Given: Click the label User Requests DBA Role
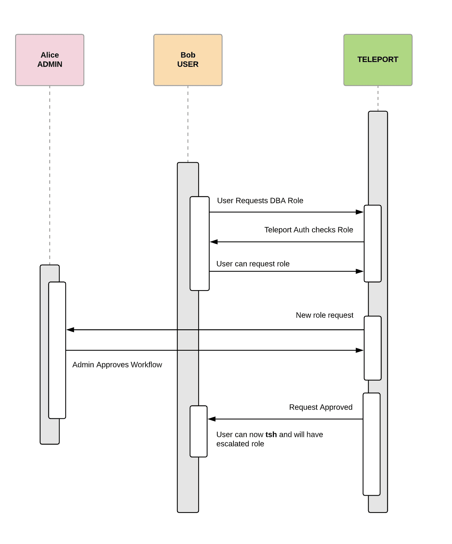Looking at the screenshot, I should [260, 201].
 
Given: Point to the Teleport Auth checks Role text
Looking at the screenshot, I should [308, 230].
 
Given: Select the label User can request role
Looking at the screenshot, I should [253, 264].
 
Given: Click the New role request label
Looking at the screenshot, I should [324, 315].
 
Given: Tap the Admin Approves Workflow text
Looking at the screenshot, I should [117, 365].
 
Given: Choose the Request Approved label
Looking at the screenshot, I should [321, 407].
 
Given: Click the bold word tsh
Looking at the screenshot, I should [271, 435].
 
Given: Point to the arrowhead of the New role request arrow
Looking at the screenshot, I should [70, 330].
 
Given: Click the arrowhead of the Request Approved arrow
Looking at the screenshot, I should [212, 419].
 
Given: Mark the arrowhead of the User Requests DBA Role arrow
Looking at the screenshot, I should [360, 212].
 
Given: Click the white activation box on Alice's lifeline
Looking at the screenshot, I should [57, 350].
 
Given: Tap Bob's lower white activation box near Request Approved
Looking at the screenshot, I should [199, 431].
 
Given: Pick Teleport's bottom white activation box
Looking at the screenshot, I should [371, 444].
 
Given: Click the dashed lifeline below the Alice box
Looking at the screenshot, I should [50, 174].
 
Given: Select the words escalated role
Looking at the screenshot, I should [240, 444].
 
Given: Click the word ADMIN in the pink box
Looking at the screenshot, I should [49, 64].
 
